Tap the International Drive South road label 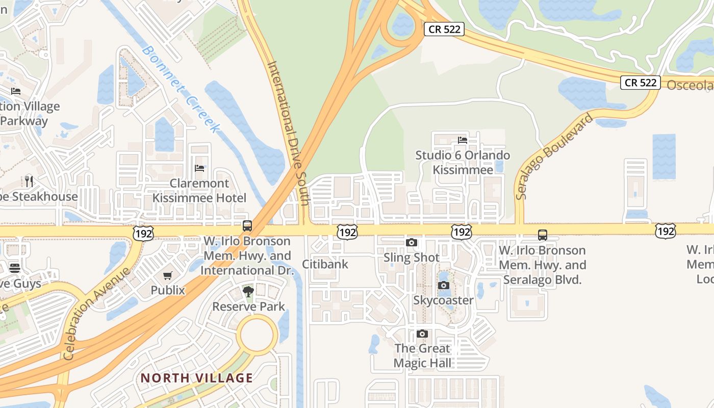click(288, 133)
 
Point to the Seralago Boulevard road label click(554, 156)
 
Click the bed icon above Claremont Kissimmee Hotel click(199, 168)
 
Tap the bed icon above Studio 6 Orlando click(463, 140)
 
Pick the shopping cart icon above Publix click(168, 276)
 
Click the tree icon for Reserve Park click(248, 292)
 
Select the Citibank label click(325, 264)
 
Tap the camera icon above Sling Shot click(412, 243)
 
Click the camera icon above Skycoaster click(444, 286)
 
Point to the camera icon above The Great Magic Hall click(422, 334)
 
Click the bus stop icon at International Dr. click(247, 225)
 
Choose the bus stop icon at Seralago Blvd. click(543, 235)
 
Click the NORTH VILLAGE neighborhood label click(197, 378)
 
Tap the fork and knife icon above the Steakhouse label click(29, 181)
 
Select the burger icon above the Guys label click(14, 268)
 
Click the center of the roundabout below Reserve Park click(257, 335)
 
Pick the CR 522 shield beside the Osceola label click(641, 83)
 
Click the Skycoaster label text click(443, 300)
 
